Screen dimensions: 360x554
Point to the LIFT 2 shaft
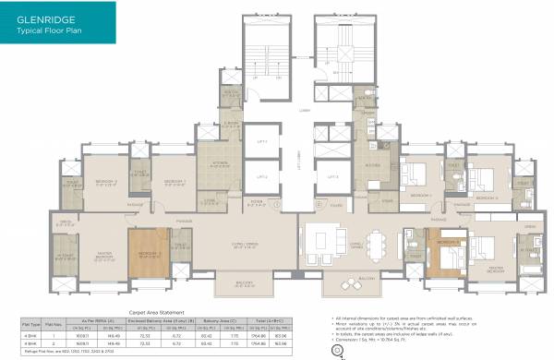click(x=261, y=174)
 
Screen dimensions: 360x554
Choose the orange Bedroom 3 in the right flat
click(x=447, y=251)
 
